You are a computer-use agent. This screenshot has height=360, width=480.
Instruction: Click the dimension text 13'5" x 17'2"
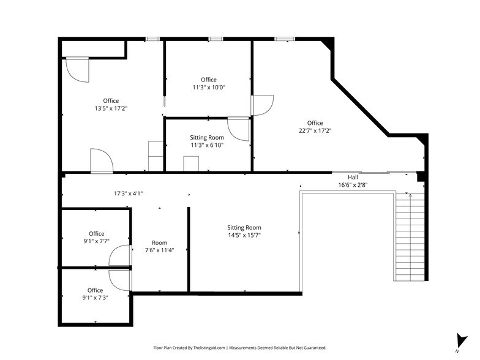pyautogui.click(x=111, y=108)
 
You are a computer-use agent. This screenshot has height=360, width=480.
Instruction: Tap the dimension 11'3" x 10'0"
pyautogui.click(x=209, y=88)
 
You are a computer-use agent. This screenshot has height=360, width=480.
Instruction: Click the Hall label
pyautogui.click(x=353, y=178)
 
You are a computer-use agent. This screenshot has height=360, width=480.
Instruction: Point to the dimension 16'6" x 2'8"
pyautogui.click(x=353, y=185)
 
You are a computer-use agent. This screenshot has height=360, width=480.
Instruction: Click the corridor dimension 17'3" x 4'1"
pyautogui.click(x=129, y=193)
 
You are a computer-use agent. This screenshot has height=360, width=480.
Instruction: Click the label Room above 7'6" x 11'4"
pyautogui.click(x=159, y=243)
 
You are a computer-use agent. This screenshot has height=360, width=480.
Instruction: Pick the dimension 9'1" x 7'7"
pyautogui.click(x=96, y=241)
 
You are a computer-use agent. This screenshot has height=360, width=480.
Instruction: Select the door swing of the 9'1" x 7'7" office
pyautogui.click(x=119, y=255)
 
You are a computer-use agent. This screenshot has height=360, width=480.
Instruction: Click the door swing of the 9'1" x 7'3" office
pyautogui.click(x=119, y=279)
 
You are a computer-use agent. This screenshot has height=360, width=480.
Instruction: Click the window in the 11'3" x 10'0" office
pyautogui.click(x=215, y=39)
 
